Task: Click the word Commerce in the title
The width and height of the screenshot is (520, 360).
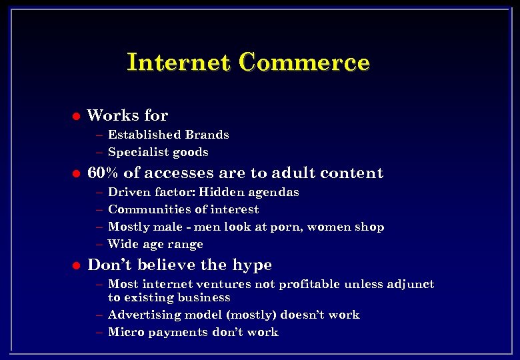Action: (x=305, y=62)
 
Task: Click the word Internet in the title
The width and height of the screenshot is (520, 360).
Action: (x=178, y=62)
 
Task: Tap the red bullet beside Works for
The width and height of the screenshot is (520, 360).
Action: (x=75, y=116)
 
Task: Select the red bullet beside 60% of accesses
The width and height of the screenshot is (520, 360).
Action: (x=75, y=174)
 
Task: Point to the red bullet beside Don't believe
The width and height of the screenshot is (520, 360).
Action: (x=75, y=265)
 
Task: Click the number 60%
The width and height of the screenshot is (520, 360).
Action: (x=103, y=173)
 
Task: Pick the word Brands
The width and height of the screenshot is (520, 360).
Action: (x=207, y=135)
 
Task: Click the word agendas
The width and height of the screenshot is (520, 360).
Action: (x=273, y=193)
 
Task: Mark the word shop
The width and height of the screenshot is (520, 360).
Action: (x=369, y=227)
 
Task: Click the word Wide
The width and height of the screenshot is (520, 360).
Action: (x=121, y=244)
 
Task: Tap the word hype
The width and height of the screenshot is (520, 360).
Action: (x=253, y=265)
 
